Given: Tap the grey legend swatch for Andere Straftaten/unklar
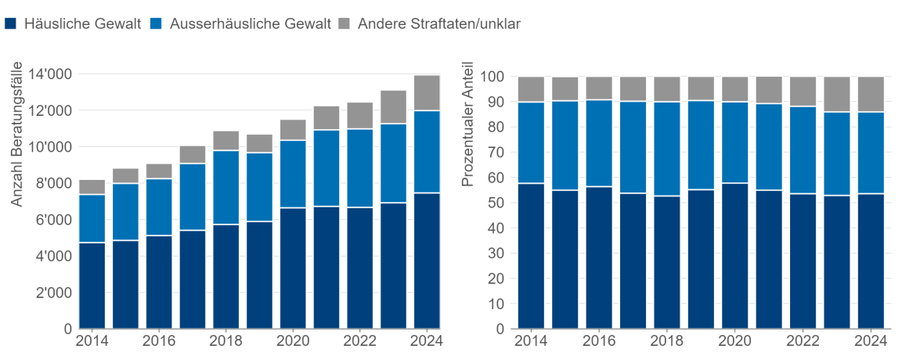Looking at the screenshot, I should pos(345,23).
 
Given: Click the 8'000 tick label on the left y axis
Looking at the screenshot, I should pos(52,183).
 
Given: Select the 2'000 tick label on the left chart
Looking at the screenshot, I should pos(52,293).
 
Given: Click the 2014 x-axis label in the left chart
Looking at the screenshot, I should pos(92,341).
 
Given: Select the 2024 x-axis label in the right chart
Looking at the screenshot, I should pos(871,341).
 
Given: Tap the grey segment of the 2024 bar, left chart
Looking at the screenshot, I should pos(427,93).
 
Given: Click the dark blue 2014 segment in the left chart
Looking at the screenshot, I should pos(92,286).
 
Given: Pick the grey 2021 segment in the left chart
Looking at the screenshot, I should pos(327,117).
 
